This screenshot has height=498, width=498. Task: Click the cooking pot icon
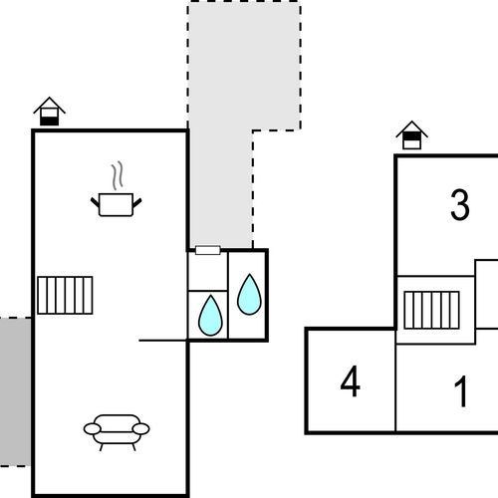click(x=117, y=204)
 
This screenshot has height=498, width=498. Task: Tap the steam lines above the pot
click(x=117, y=175)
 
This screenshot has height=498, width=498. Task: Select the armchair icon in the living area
click(x=117, y=432)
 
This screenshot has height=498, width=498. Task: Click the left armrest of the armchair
click(x=92, y=429)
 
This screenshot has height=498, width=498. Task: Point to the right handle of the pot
click(x=137, y=202)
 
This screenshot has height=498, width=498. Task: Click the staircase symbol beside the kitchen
click(x=65, y=295)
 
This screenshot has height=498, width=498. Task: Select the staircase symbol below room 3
click(x=431, y=310)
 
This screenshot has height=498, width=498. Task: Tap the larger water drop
click(x=249, y=295)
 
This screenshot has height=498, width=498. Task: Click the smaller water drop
click(x=210, y=316)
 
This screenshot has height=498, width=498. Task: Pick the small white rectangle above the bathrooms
click(x=208, y=250)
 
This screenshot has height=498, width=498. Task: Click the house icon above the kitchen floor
click(x=49, y=112)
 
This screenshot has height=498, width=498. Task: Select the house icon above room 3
click(x=411, y=135)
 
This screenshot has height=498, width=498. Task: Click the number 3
click(x=460, y=205)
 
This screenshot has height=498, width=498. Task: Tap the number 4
click(x=351, y=381)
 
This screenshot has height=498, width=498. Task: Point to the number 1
click(x=461, y=391)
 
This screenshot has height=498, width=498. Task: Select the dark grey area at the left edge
click(x=15, y=391)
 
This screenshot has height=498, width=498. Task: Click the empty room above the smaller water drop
click(x=208, y=272)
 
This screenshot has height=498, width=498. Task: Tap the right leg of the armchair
click(x=134, y=447)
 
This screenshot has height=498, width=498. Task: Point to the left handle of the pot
click(x=96, y=202)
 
